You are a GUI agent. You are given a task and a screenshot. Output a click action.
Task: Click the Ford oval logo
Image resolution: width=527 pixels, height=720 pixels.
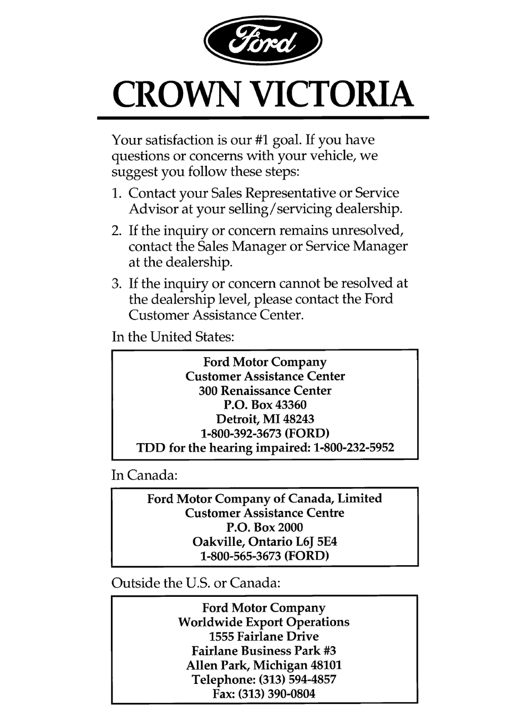point(263,42)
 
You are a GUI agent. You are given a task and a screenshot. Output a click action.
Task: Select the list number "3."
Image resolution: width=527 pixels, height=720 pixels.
point(116,283)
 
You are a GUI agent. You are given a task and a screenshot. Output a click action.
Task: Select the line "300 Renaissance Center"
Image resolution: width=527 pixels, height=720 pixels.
point(265,391)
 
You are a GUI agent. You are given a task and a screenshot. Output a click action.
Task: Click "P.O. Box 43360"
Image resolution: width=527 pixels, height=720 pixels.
point(265,405)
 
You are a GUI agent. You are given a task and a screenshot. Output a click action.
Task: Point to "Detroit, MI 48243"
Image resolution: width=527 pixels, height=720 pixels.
point(265,419)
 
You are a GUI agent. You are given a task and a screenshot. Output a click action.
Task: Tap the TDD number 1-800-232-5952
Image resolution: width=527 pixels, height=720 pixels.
point(353,448)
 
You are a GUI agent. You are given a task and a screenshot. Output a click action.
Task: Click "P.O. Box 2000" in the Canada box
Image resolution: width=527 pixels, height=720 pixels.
point(265,528)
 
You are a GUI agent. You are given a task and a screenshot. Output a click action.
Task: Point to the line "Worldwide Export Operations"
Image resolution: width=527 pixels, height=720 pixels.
point(264,622)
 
